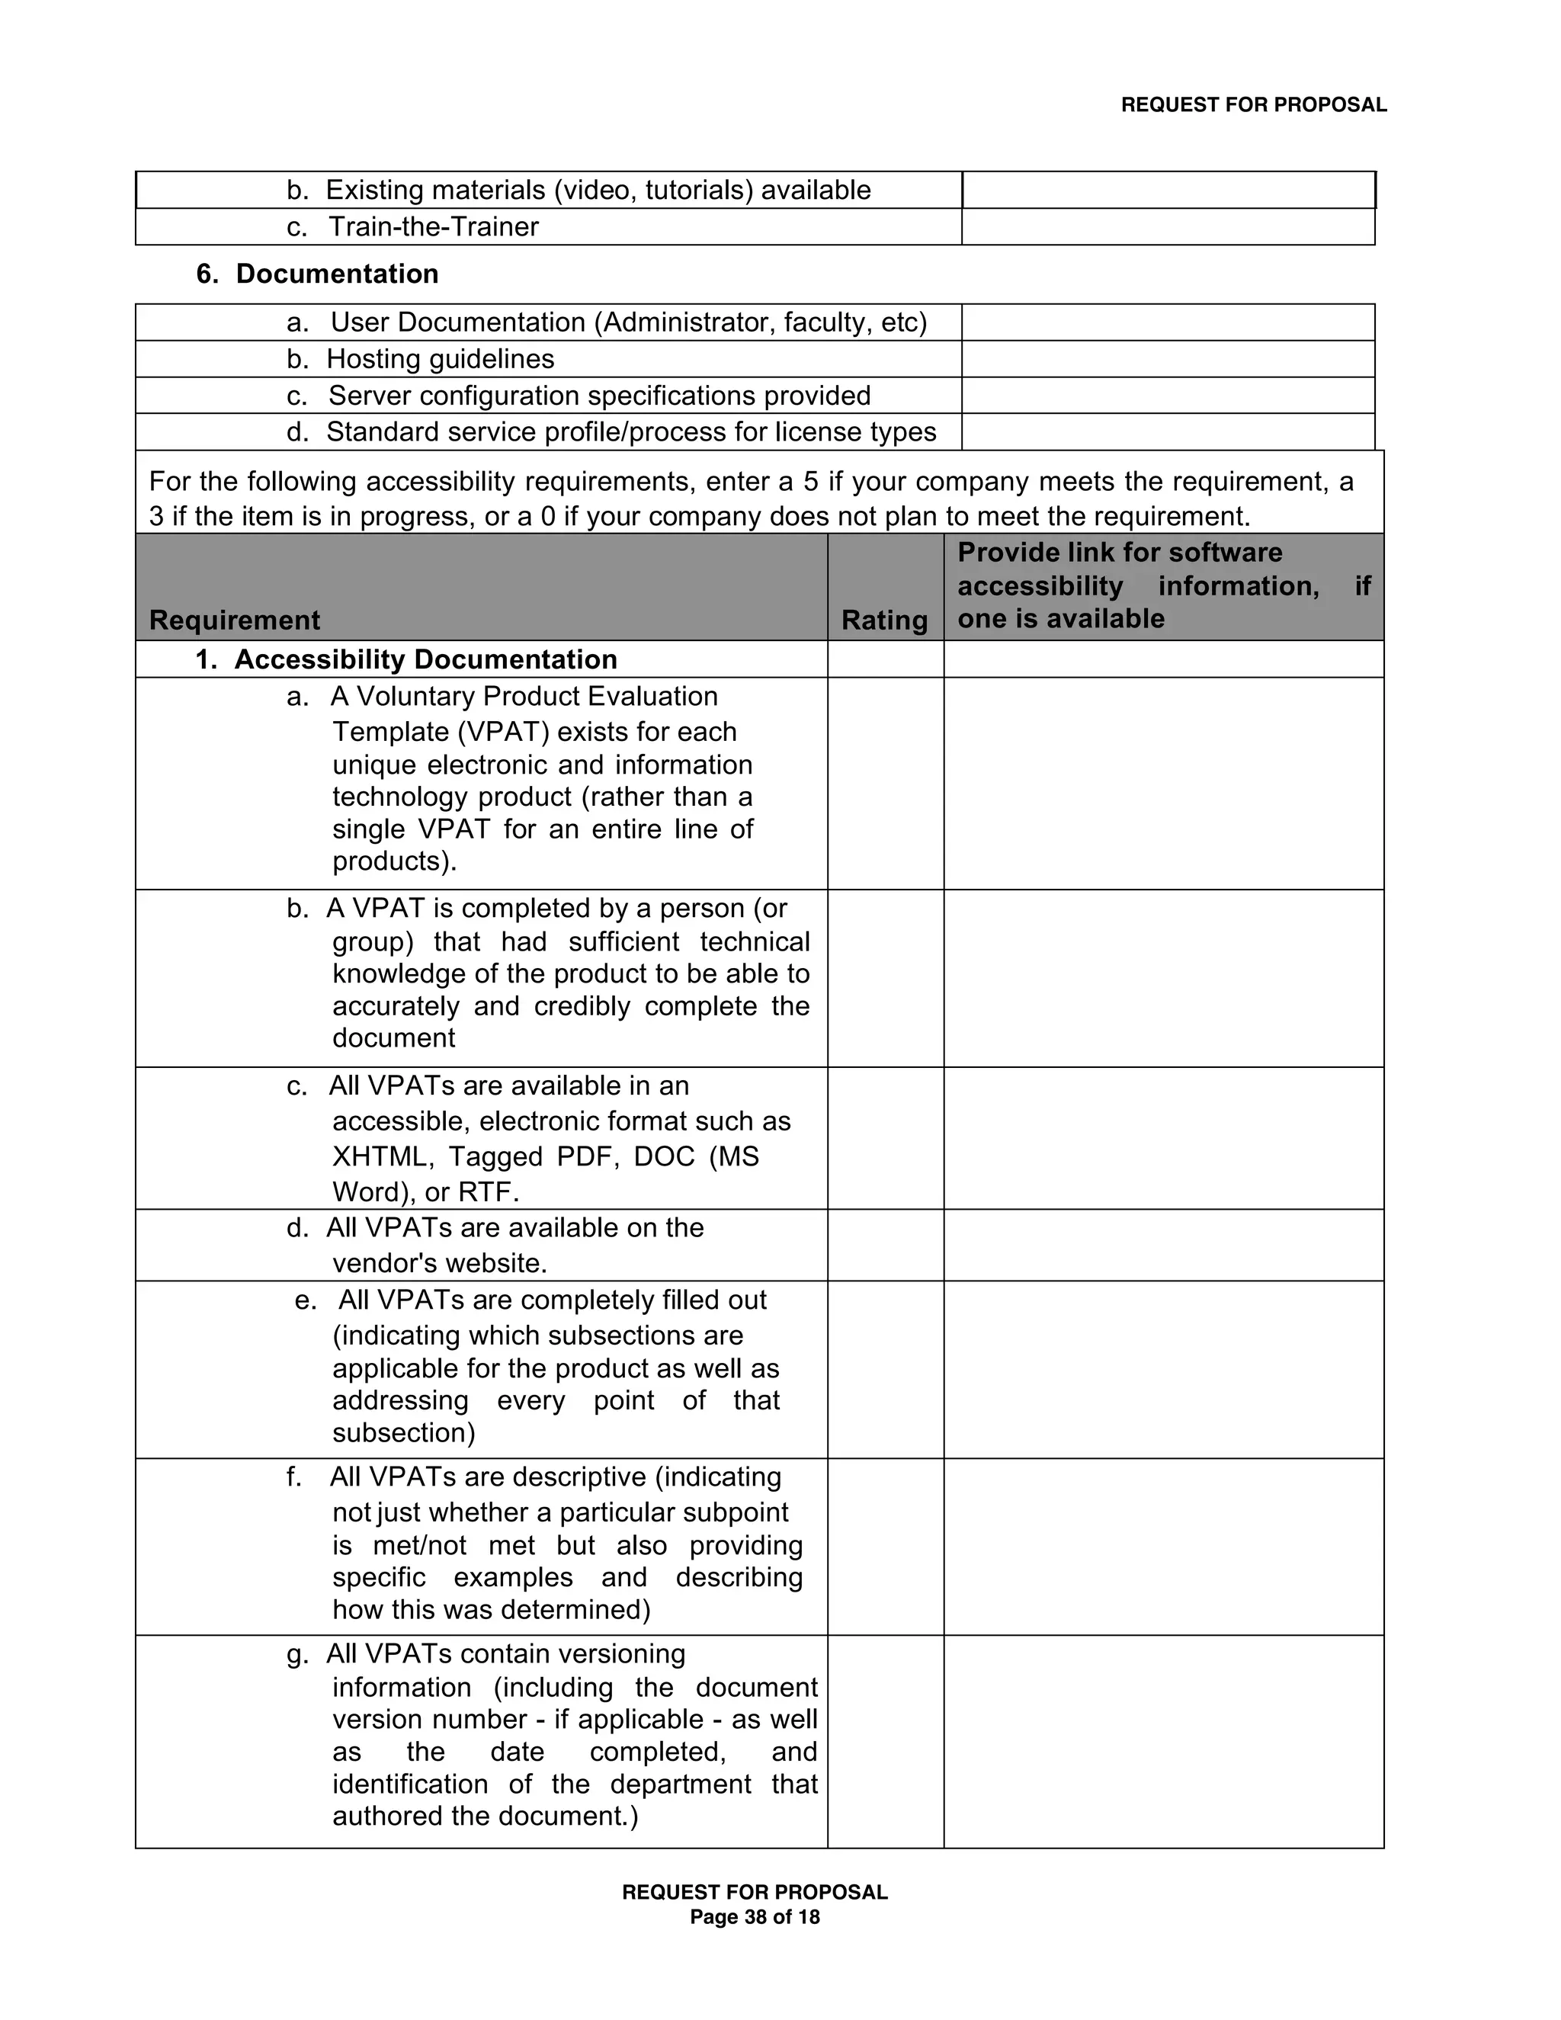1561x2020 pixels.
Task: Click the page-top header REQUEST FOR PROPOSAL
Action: coord(1253,105)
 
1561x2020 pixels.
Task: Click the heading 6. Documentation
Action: coord(317,274)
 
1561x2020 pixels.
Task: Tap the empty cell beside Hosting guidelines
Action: coord(1167,359)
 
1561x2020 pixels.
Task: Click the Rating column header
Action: coord(884,620)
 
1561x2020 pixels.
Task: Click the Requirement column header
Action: coord(235,620)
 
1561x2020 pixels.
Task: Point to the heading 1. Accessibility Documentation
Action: coord(406,659)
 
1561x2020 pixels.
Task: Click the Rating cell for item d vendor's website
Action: coord(885,1245)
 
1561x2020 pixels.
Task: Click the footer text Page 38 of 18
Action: coord(755,1917)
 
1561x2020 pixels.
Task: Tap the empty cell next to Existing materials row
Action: coord(1167,191)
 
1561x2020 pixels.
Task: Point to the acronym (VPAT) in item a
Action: coord(504,733)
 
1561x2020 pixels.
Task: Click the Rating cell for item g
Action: coord(885,1742)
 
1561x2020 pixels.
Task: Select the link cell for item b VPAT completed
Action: coord(1163,979)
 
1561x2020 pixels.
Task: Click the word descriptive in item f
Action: coord(573,1477)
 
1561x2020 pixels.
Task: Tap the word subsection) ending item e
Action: coord(403,1433)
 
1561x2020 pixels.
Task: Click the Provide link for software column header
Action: coord(1162,585)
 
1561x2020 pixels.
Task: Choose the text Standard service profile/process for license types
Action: coord(630,432)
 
